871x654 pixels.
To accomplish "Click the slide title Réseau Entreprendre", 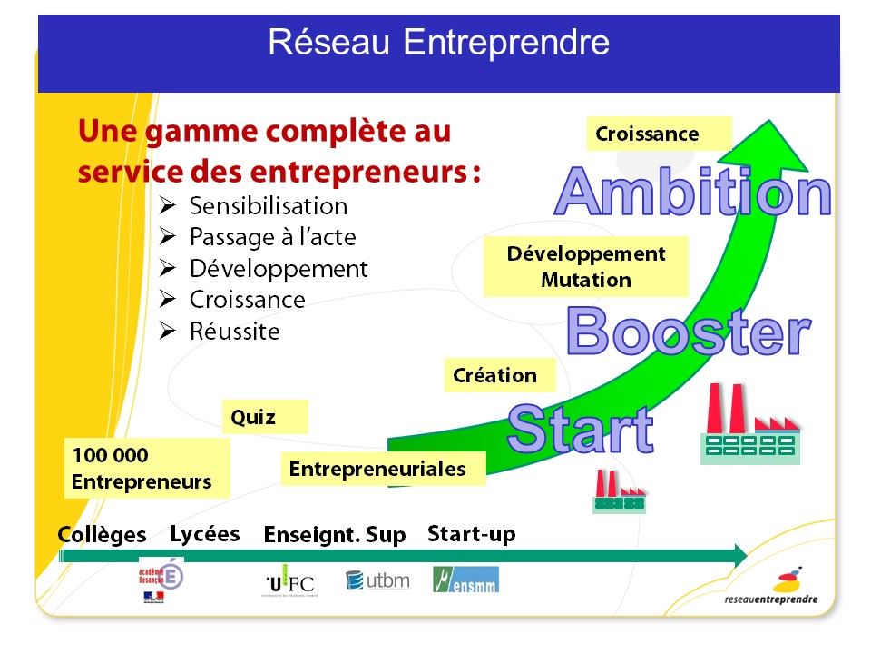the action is [438, 43].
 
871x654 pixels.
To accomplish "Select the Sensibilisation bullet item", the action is [269, 206].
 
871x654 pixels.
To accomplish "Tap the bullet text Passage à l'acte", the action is [273, 237].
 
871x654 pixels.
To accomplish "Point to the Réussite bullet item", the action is [235, 332].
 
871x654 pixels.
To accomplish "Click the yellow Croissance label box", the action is [659, 134].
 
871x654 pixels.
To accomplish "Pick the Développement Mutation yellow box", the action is [585, 266].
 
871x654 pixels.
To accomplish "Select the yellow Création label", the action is [500, 375].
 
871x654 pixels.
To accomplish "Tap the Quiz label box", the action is [264, 417].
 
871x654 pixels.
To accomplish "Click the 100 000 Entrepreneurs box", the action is [147, 468].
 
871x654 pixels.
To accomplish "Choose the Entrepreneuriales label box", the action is [383, 469].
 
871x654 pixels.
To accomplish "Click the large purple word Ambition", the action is [692, 192].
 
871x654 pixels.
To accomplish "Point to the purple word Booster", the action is [689, 332].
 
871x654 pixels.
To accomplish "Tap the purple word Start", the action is [581, 428].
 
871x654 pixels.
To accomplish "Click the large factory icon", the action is [750, 424].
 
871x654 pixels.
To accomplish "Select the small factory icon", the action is [619, 491].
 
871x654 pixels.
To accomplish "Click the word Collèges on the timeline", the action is [103, 534].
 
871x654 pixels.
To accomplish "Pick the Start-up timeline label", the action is [472, 534].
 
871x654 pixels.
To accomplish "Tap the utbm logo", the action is [377, 580].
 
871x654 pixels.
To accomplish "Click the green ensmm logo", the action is [465, 580].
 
